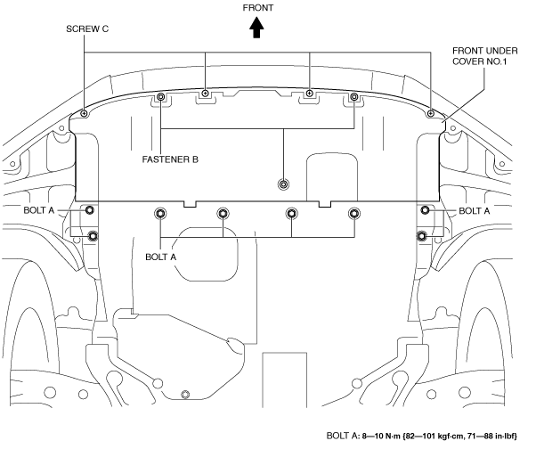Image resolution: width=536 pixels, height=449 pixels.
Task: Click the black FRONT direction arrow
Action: (x=256, y=28)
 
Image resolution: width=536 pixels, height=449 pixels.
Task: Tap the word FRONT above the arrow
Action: (x=258, y=8)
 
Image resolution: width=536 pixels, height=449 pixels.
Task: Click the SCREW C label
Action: (x=87, y=29)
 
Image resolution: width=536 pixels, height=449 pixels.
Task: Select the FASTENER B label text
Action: (x=170, y=159)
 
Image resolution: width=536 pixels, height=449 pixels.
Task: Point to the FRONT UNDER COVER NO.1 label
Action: (x=485, y=56)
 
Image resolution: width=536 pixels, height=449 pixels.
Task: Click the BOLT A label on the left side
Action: (x=39, y=210)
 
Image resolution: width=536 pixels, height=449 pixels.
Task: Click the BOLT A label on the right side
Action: (x=475, y=211)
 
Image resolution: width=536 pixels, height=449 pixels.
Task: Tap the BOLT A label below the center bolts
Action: (x=160, y=257)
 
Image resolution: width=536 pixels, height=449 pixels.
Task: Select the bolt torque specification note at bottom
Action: (x=422, y=436)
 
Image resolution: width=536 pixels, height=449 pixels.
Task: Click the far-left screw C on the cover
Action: (x=84, y=113)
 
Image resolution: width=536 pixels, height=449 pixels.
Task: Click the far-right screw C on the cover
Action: (x=431, y=113)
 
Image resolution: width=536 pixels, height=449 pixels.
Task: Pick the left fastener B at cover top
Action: (x=160, y=97)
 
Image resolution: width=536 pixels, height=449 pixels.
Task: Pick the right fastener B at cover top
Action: (x=354, y=97)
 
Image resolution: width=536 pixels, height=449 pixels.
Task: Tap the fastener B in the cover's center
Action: (x=283, y=184)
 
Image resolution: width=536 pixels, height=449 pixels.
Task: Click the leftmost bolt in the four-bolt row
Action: (x=160, y=214)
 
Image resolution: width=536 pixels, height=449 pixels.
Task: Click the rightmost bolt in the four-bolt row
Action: (x=354, y=214)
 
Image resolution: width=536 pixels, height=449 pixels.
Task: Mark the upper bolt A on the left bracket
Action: (x=90, y=209)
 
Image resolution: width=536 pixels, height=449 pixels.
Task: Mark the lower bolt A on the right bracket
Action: (x=421, y=235)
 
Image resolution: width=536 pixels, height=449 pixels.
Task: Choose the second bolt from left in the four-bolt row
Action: (x=223, y=214)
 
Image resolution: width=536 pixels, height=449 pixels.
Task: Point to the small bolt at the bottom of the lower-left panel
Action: (x=185, y=395)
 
